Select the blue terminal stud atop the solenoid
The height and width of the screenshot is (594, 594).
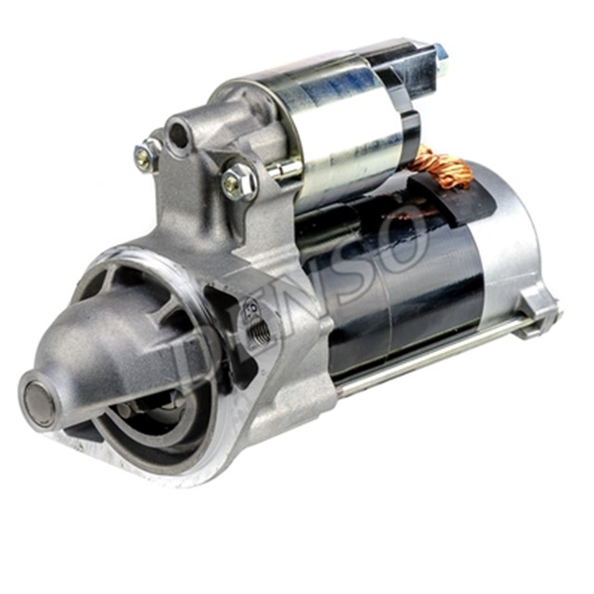[x=439, y=52]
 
